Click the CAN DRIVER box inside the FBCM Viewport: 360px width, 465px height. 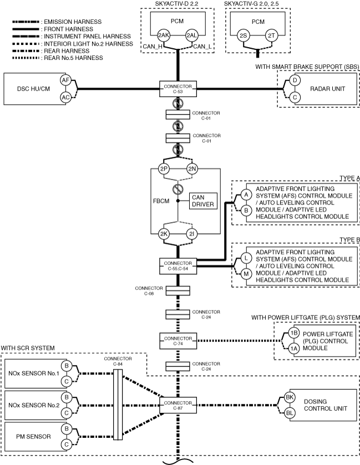click(x=203, y=201)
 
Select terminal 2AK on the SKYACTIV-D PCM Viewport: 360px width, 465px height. click(x=164, y=35)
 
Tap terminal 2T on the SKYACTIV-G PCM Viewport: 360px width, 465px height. click(x=271, y=35)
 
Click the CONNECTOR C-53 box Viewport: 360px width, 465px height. click(x=178, y=89)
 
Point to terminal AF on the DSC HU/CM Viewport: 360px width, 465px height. click(x=65, y=80)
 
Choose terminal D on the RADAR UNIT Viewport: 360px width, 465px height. click(x=295, y=80)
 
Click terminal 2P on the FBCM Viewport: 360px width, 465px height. click(x=164, y=168)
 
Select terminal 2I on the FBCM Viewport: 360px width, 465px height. click(x=192, y=234)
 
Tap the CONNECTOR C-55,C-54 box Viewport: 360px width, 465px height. click(x=178, y=266)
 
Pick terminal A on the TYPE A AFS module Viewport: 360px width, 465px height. click(x=246, y=195)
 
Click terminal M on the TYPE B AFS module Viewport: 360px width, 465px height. click(x=246, y=274)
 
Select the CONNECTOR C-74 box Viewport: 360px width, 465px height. click(x=178, y=341)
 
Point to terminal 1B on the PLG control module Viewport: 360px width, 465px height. click(x=294, y=333)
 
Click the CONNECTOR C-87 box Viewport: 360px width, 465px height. click(x=178, y=405)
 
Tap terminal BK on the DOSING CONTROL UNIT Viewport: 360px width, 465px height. click(x=290, y=397)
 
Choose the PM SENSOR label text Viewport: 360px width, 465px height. click(x=33, y=437)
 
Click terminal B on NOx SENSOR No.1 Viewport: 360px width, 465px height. click(x=67, y=365)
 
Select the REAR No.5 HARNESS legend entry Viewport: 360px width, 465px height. click(x=58, y=58)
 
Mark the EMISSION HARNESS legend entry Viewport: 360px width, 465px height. click(x=57, y=22)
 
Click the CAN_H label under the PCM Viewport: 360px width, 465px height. click(x=153, y=47)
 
